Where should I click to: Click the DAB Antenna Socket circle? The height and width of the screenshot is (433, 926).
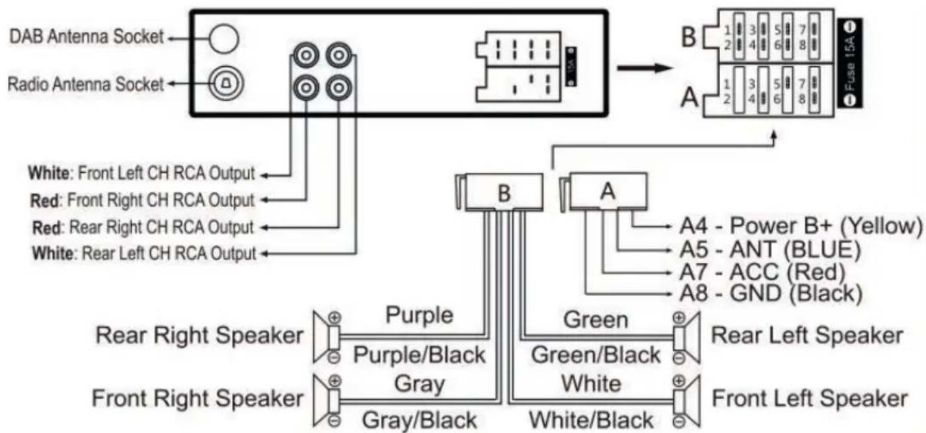click(x=224, y=38)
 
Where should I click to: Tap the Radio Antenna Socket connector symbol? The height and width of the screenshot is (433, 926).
click(x=226, y=83)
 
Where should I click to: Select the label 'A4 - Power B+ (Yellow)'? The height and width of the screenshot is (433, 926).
click(x=801, y=226)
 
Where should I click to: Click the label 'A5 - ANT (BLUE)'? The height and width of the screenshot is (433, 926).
click(x=770, y=249)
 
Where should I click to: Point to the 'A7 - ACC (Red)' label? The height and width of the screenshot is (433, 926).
click(x=762, y=272)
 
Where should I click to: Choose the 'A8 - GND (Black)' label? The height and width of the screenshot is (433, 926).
click(x=771, y=294)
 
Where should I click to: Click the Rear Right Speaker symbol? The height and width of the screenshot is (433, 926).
click(x=327, y=337)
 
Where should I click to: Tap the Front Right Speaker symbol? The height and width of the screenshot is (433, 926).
click(x=327, y=401)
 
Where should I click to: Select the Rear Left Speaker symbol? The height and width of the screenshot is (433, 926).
click(x=686, y=337)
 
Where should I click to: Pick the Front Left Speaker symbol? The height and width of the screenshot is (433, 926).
click(x=686, y=401)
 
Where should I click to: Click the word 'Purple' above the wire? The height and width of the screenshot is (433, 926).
click(x=419, y=315)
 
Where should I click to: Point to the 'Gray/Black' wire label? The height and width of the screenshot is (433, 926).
click(x=419, y=420)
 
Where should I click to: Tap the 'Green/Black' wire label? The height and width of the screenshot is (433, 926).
click(x=595, y=355)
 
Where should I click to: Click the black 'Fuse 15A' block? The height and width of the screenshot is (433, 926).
click(x=851, y=63)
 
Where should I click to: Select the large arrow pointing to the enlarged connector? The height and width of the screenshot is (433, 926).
click(x=645, y=68)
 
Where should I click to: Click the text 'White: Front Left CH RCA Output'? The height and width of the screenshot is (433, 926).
click(x=142, y=173)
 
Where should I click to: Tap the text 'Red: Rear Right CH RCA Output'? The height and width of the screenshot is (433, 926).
click(x=143, y=227)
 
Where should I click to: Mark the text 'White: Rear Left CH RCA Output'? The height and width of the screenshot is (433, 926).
click(x=144, y=253)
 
